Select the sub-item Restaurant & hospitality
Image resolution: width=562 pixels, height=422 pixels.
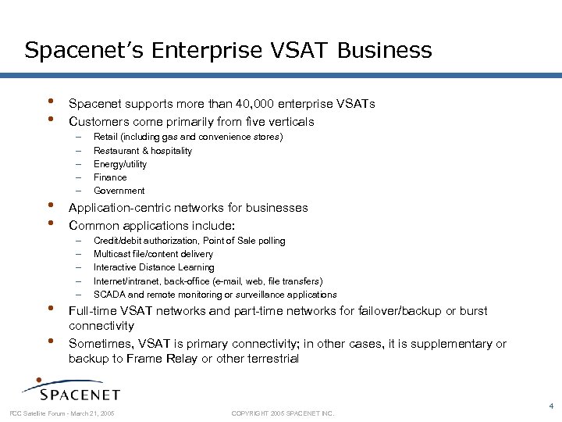[x=143, y=151]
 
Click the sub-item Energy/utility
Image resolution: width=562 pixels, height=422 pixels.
[x=120, y=164]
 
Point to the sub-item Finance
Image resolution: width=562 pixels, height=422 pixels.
[x=111, y=177]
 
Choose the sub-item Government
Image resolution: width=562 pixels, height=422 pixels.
[x=119, y=191]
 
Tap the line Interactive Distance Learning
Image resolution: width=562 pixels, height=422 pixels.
[x=154, y=267]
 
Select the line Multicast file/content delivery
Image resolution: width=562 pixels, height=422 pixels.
[x=153, y=254]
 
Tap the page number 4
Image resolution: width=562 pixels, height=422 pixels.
[x=551, y=406]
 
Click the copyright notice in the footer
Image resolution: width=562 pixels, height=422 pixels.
[x=283, y=413]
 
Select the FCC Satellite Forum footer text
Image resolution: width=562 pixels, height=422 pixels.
[x=62, y=413]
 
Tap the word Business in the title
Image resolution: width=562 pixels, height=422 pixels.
[x=386, y=51]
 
